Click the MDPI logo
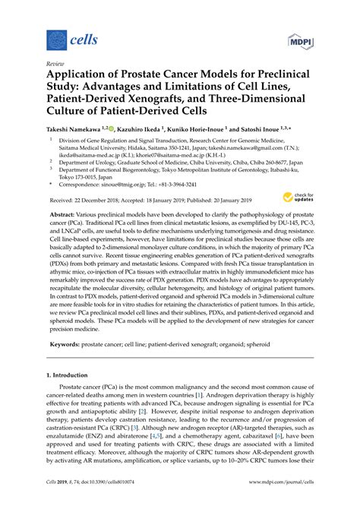point(301,40)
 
